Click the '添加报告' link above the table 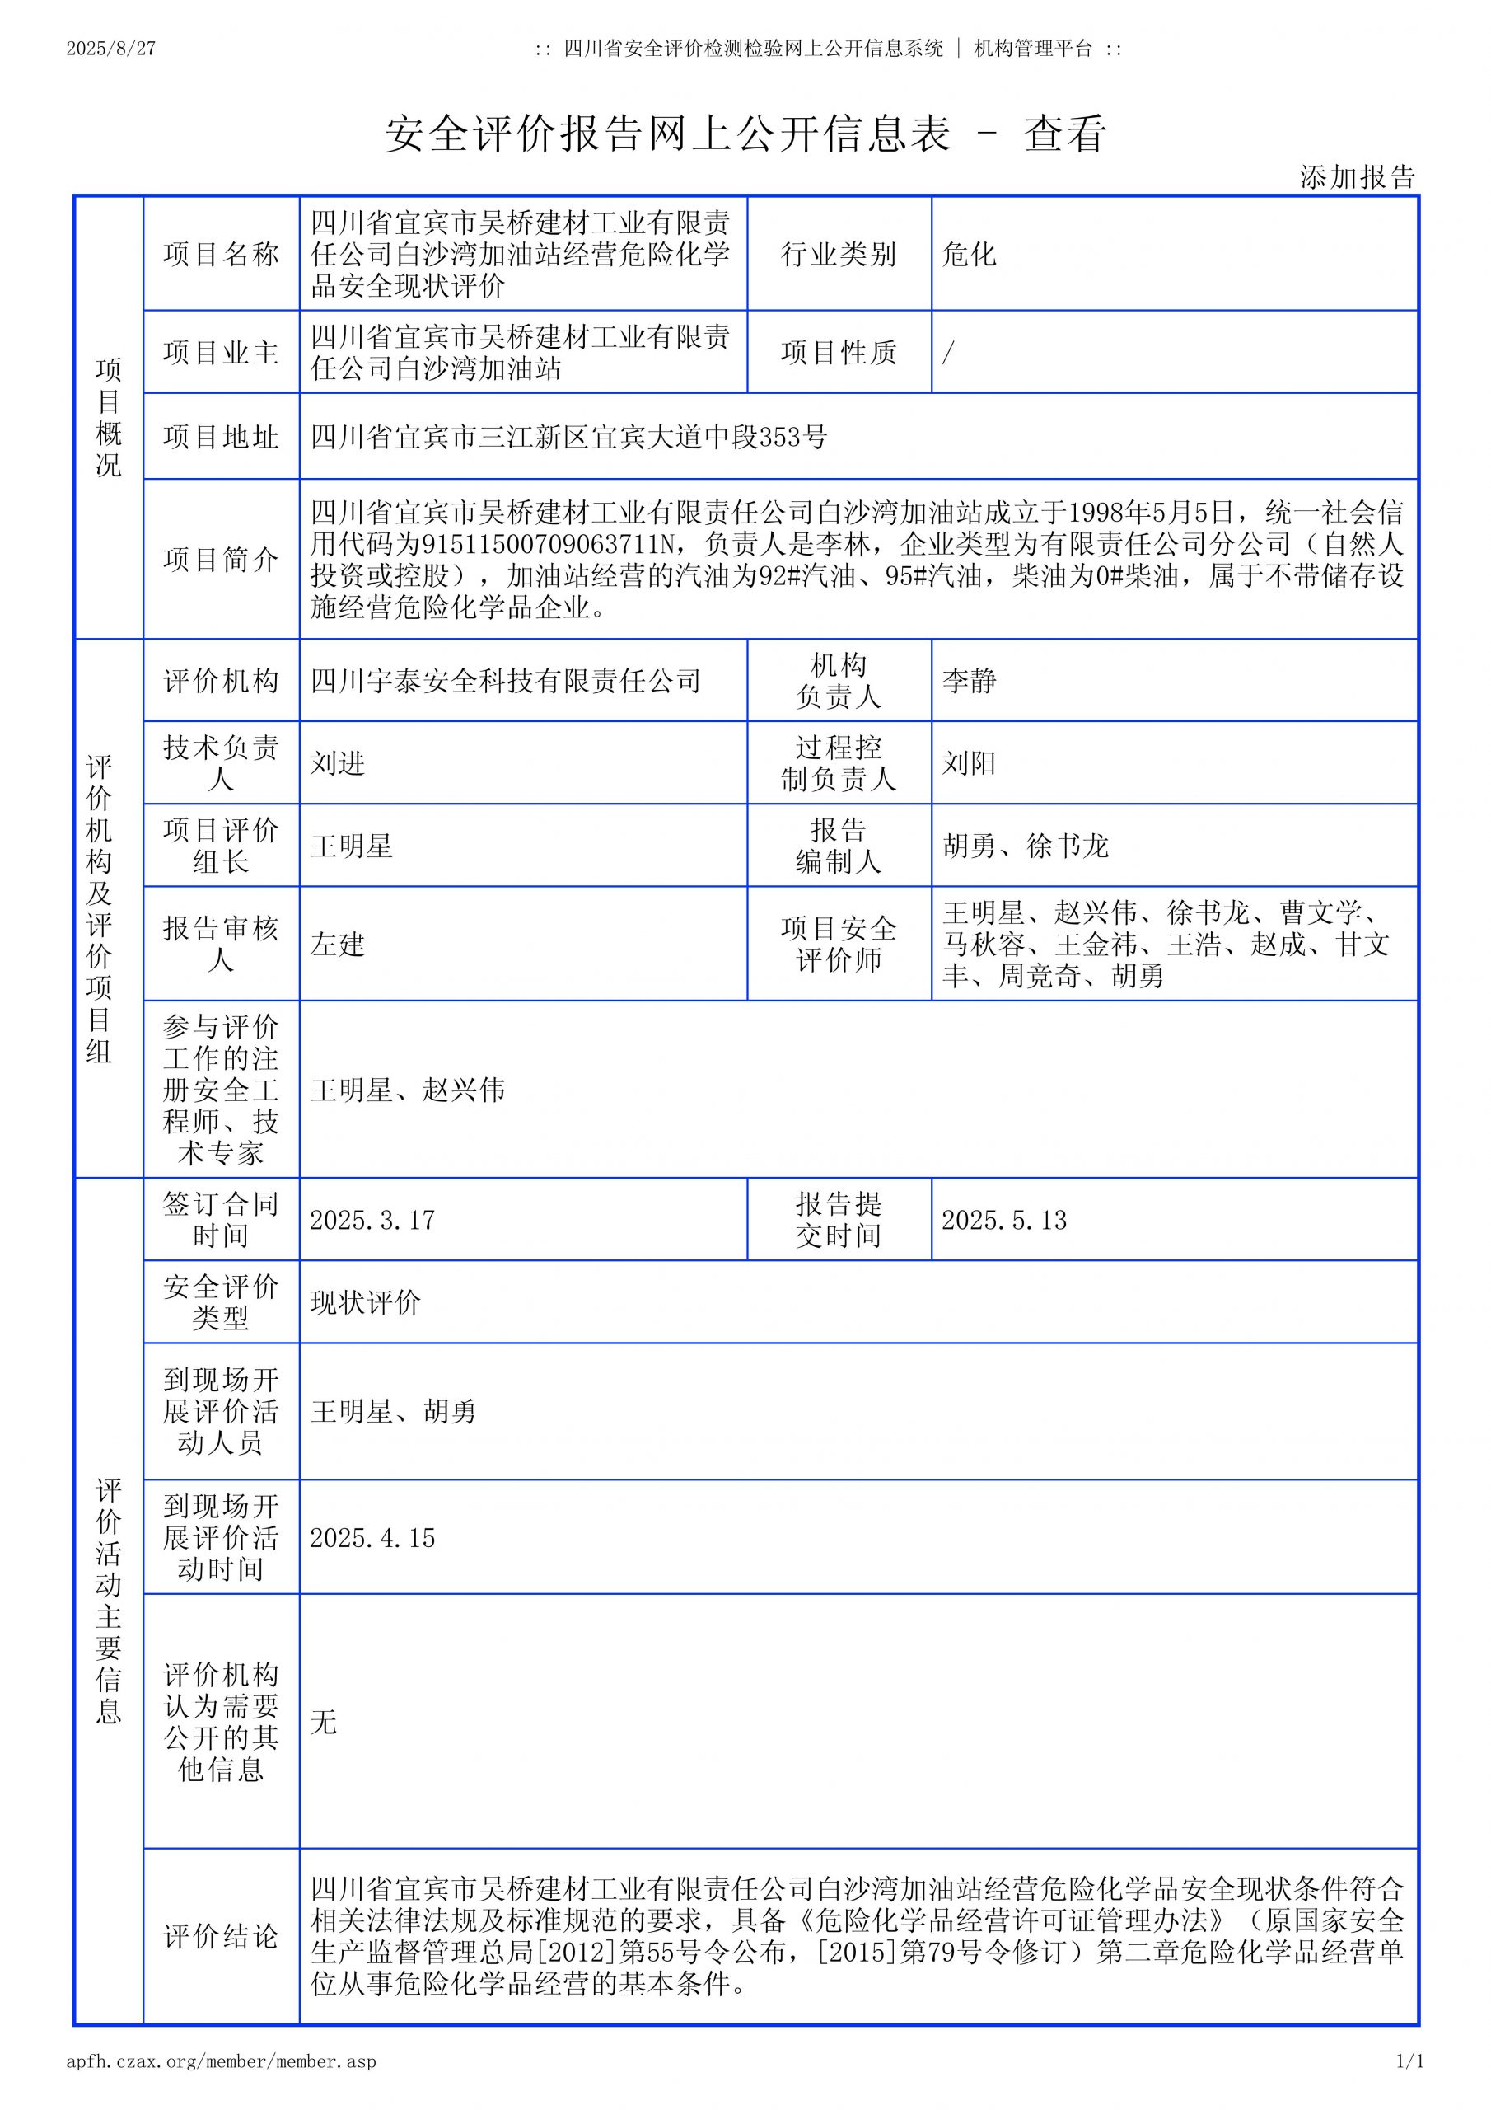(x=1357, y=177)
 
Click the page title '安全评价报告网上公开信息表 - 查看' (x=745, y=134)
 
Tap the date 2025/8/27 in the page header (x=111, y=49)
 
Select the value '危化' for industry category (x=968, y=255)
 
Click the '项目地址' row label (x=221, y=437)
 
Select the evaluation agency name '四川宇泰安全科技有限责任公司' (x=505, y=681)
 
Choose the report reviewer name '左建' (x=337, y=944)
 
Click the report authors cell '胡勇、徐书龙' (x=1026, y=846)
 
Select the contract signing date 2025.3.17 (x=372, y=1220)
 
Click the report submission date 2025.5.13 (x=1004, y=1220)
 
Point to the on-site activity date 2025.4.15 (x=372, y=1537)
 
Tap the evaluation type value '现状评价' (x=365, y=1302)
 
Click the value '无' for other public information (x=324, y=1721)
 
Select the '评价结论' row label (x=221, y=1938)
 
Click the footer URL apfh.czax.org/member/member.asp (x=222, y=2061)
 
